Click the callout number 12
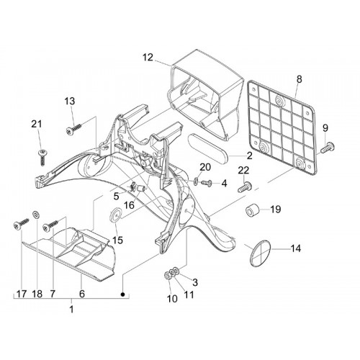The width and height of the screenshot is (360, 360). (x=148, y=58)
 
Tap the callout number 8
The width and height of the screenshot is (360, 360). (x=299, y=79)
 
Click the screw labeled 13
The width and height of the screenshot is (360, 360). (x=74, y=129)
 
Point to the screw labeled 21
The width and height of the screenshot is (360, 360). (x=42, y=157)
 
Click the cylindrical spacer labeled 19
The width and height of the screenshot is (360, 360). (x=253, y=210)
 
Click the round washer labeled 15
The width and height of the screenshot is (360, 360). (x=116, y=215)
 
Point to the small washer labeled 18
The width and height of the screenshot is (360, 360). (x=37, y=215)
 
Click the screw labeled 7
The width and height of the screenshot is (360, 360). (x=50, y=225)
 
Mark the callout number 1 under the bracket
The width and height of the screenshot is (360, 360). (x=71, y=309)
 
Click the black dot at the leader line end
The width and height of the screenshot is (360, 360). (x=123, y=294)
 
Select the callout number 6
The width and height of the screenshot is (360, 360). (x=82, y=294)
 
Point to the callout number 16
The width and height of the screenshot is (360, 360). (x=130, y=205)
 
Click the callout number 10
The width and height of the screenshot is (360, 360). (x=172, y=299)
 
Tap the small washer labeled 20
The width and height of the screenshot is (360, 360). (x=196, y=181)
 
